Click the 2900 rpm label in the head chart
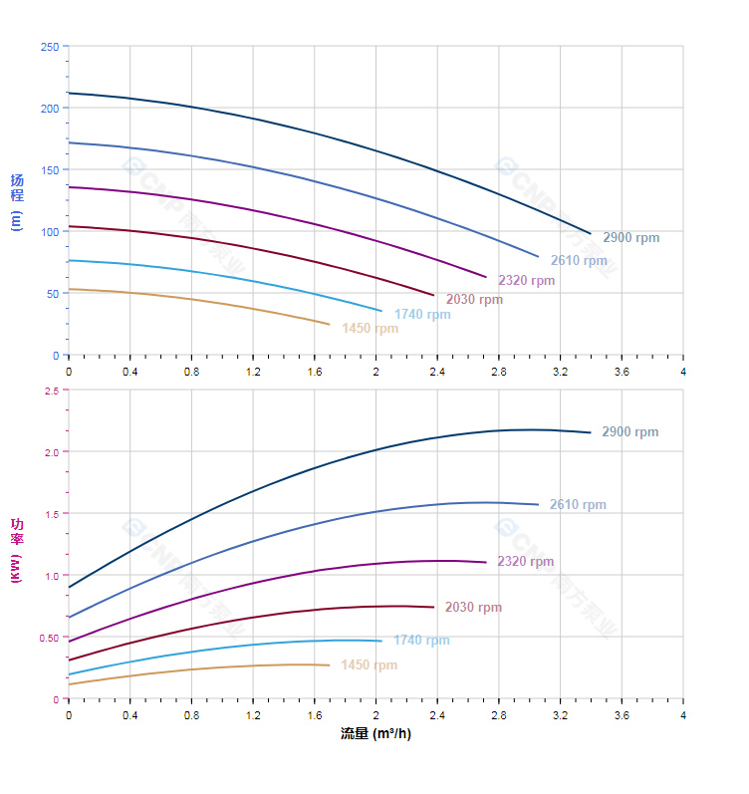[630, 238]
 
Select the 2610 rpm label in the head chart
[579, 261]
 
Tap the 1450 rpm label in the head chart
[370, 329]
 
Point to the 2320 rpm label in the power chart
[525, 562]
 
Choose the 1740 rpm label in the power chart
[421, 641]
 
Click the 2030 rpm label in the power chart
[473, 608]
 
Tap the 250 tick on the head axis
[50, 47]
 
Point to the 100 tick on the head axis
[50, 231]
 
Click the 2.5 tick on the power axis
[52, 391]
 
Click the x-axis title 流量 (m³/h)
[375, 734]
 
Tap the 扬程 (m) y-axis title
[17, 201]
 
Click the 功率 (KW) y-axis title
[17, 550]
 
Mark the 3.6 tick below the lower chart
[622, 715]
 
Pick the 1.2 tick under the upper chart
[253, 372]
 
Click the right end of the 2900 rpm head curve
[591, 234]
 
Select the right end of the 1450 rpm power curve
[329, 665]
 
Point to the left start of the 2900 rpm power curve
[69, 588]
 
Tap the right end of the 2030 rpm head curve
[434, 296]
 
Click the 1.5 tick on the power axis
[52, 514]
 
